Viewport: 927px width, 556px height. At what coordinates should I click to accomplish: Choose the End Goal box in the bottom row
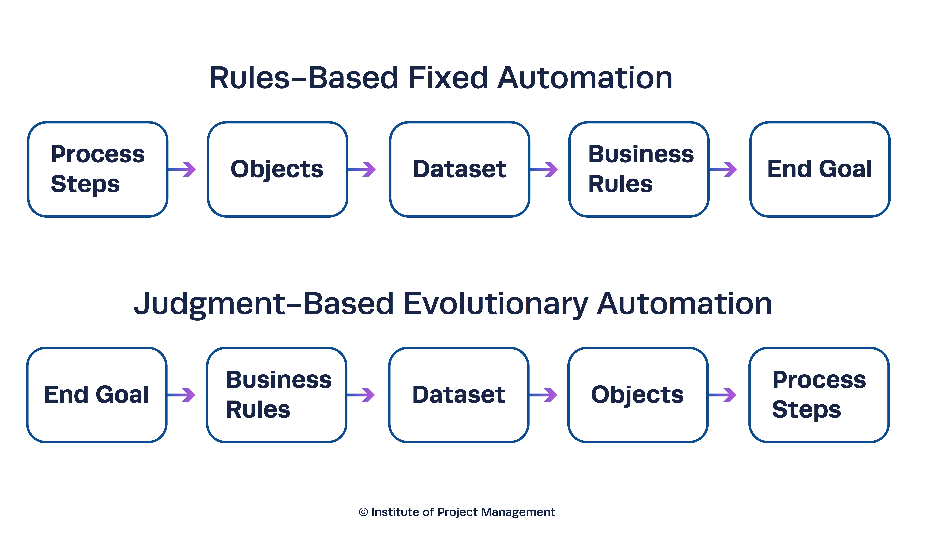[x=97, y=395]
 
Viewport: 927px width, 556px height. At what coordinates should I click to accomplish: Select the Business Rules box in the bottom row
[x=277, y=395]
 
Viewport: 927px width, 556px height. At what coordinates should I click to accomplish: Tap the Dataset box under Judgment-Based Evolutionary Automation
[x=459, y=395]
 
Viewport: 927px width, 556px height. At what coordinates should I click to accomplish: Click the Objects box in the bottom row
[x=638, y=395]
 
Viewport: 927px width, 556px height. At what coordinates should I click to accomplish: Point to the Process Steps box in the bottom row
[x=819, y=395]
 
